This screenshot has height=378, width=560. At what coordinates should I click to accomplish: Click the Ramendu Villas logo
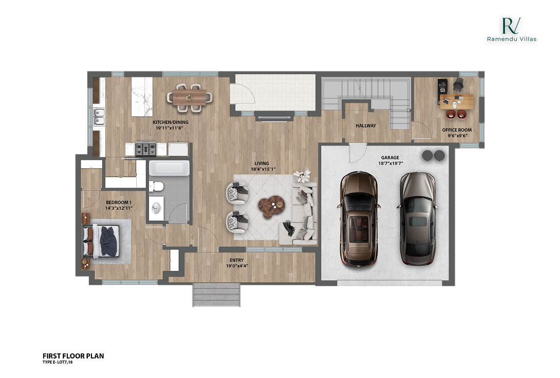[511, 29]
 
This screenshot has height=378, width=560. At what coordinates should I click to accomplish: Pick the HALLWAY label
[366, 125]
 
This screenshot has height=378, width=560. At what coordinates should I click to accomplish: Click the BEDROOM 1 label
[119, 205]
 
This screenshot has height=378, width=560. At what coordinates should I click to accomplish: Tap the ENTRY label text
[236, 263]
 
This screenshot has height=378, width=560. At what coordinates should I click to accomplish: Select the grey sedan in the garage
[417, 218]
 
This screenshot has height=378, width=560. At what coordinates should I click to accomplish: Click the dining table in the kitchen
[190, 96]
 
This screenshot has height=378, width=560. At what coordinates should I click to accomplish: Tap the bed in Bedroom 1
[105, 241]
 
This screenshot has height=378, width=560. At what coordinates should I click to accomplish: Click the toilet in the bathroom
[157, 187]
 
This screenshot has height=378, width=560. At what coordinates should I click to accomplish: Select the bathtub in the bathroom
[169, 168]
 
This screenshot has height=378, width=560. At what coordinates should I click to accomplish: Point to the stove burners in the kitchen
[145, 149]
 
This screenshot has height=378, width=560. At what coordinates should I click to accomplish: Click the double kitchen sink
[99, 117]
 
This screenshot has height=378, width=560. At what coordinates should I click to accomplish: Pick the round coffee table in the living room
[271, 205]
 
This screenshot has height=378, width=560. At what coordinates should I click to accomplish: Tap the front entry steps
[216, 295]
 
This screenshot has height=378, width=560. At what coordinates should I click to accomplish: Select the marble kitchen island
[142, 97]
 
